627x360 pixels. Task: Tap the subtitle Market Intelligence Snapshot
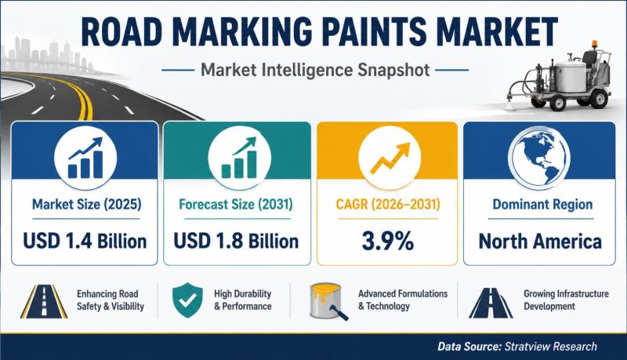click(x=315, y=70)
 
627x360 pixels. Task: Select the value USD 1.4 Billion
click(x=85, y=242)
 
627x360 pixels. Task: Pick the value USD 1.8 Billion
click(x=236, y=242)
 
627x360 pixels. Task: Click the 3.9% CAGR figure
click(x=387, y=242)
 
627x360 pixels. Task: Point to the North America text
click(x=540, y=242)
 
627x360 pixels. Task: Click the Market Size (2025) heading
click(x=86, y=205)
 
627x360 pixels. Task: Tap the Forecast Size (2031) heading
click(x=236, y=205)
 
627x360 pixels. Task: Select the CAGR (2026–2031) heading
click(x=388, y=205)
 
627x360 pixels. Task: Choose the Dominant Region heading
click(x=542, y=205)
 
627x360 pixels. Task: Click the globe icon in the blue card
click(x=538, y=157)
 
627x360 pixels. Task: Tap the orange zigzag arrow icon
click(x=390, y=158)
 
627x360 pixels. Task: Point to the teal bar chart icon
click(x=239, y=158)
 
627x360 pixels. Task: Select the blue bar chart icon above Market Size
click(x=85, y=158)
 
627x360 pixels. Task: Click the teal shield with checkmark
click(x=187, y=300)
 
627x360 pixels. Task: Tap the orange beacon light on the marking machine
click(x=595, y=44)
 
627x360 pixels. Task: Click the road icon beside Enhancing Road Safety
click(x=44, y=301)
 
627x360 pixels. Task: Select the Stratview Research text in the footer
click(x=551, y=346)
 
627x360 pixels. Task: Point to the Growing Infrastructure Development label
click(x=566, y=300)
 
